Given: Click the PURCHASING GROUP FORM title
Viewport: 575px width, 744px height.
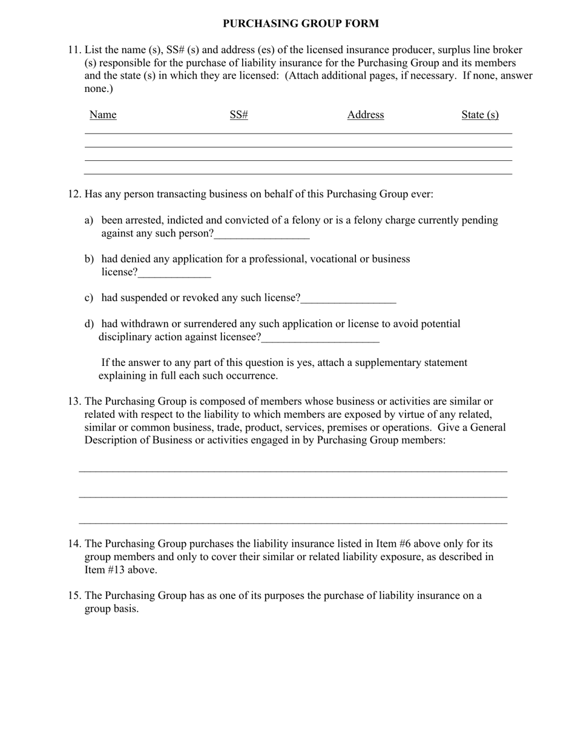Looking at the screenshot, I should pos(300,24).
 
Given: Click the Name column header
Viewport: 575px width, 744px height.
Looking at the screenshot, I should pos(103,115).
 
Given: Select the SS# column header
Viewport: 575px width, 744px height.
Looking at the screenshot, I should pos(239,115).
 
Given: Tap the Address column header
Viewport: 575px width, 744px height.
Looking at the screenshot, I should pos(366,115).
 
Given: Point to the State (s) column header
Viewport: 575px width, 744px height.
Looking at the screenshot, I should pos(480,115).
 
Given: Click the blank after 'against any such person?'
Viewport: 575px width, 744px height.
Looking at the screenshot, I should pos(261,235).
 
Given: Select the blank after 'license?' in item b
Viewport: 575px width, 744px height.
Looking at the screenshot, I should pos(174,273).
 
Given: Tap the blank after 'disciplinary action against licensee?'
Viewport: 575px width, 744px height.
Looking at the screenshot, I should pos(320,338).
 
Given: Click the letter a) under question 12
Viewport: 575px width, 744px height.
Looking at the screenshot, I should pos(89,221).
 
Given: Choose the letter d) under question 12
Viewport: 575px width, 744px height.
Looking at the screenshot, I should pos(89,324).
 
